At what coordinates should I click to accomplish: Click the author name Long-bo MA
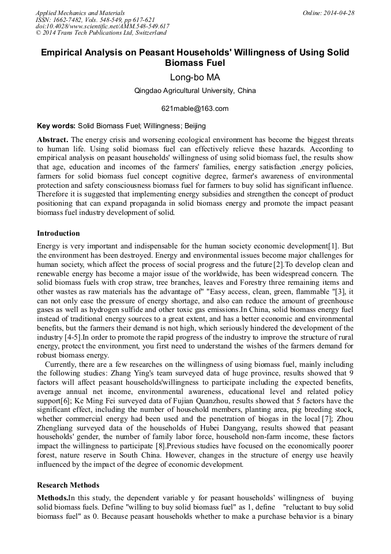click(x=195, y=77)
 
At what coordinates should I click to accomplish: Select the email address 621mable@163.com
click(x=195, y=109)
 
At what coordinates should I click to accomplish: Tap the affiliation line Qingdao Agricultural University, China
click(x=195, y=91)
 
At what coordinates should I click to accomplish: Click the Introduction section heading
click(x=58, y=233)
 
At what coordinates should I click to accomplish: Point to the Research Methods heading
click(x=68, y=485)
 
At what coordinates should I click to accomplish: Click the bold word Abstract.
click(x=52, y=140)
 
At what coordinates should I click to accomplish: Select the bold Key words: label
click(x=56, y=125)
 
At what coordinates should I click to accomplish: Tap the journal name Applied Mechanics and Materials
click(x=80, y=13)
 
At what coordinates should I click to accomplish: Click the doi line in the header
click(x=102, y=27)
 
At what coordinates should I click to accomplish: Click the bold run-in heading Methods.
click(x=52, y=497)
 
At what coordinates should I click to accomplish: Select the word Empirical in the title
click(x=63, y=53)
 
